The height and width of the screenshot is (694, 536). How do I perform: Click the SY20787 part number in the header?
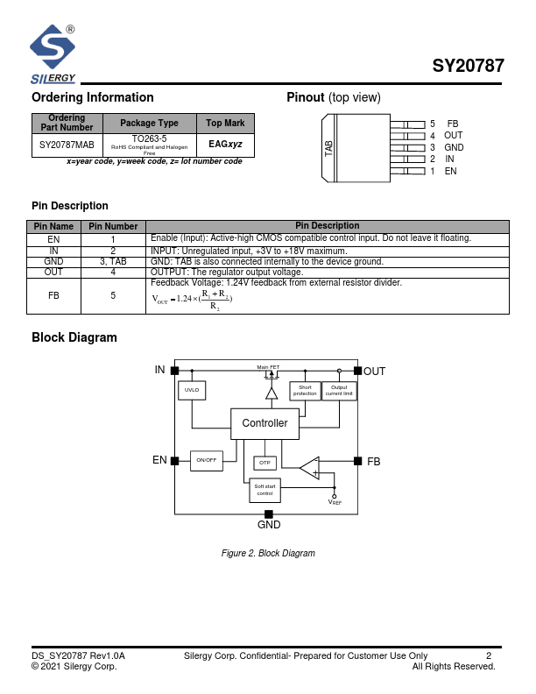click(x=468, y=67)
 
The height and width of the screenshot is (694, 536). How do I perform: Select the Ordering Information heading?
click(x=93, y=97)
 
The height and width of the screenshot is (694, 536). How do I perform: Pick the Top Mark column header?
click(x=225, y=123)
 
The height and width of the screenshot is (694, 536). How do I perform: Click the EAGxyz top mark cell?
click(x=225, y=144)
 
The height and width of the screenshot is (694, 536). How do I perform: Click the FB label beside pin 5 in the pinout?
click(x=452, y=124)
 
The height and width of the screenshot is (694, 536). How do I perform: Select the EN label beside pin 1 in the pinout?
click(x=450, y=171)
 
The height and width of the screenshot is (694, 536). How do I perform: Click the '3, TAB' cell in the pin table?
click(x=112, y=261)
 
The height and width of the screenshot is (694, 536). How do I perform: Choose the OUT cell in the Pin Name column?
click(x=53, y=272)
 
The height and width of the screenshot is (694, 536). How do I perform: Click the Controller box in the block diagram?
click(x=264, y=423)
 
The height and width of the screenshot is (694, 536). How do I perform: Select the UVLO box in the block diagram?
click(x=192, y=391)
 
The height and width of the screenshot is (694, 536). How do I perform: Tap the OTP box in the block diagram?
click(x=265, y=463)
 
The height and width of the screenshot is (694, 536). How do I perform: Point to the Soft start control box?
click(x=264, y=490)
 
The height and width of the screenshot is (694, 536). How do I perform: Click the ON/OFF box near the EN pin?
click(x=207, y=460)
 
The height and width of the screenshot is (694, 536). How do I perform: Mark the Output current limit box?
click(x=339, y=391)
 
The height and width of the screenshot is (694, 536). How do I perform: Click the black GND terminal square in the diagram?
click(x=269, y=513)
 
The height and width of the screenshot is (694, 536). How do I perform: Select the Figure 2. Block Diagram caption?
click(x=268, y=553)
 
